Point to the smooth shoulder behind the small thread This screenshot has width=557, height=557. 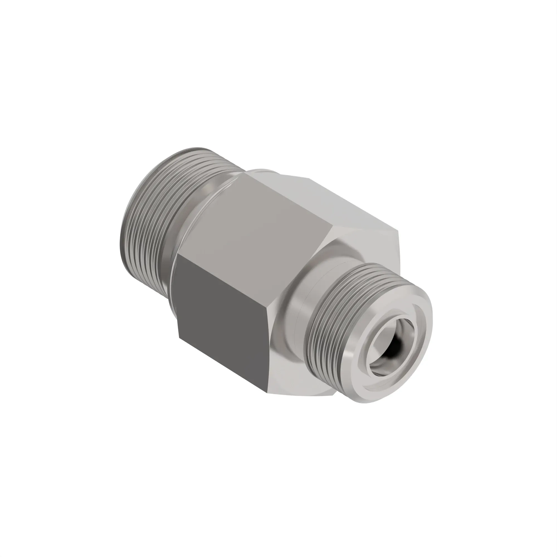[300, 303]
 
